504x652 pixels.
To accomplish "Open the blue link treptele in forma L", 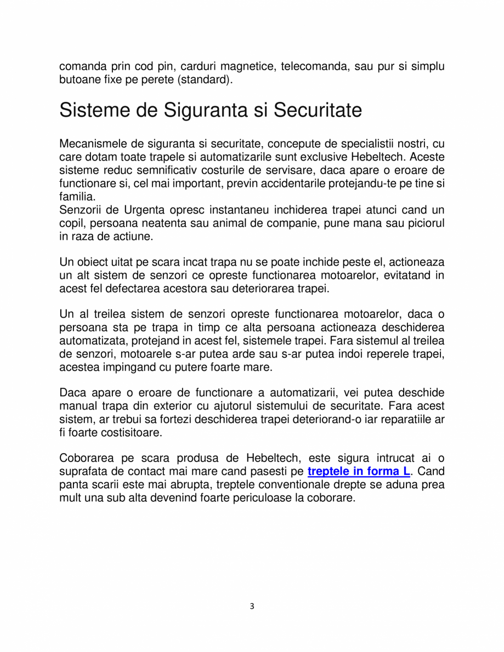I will click(x=359, y=471).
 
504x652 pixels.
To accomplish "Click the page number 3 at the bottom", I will click(x=252, y=606).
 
